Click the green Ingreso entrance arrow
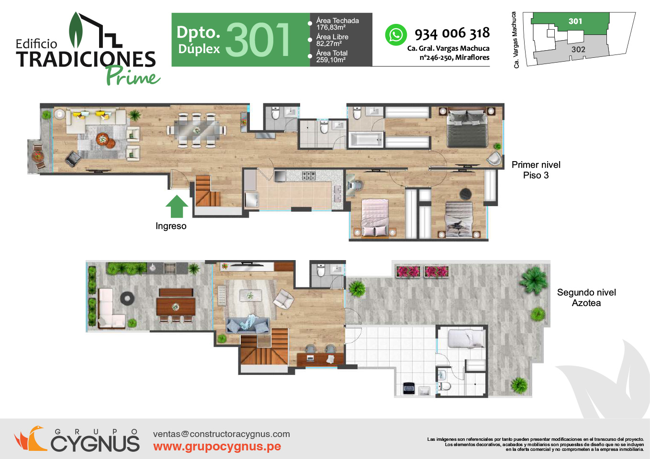pyautogui.click(x=177, y=207)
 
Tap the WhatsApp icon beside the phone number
pyautogui.click(x=396, y=35)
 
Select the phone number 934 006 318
pyautogui.click(x=452, y=33)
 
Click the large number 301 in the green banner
pyautogui.click(x=258, y=40)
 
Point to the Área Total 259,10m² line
pyautogui.click(x=332, y=56)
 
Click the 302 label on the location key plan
pyautogui.click(x=578, y=49)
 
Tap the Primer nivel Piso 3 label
pyautogui.click(x=536, y=170)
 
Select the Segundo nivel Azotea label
pyautogui.click(x=586, y=297)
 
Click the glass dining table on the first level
pyautogui.click(x=196, y=131)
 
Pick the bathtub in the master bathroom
pyautogui.click(x=366, y=140)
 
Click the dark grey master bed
pyautogui.click(x=467, y=128)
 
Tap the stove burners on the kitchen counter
pyautogui.click(x=308, y=175)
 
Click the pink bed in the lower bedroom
pyautogui.click(x=375, y=217)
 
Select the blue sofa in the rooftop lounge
pyautogui.click(x=247, y=325)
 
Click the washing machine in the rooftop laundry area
pyautogui.click(x=409, y=389)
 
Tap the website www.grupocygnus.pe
pyautogui.click(x=217, y=446)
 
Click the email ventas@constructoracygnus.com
pyautogui.click(x=222, y=434)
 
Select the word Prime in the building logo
pyautogui.click(x=133, y=76)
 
